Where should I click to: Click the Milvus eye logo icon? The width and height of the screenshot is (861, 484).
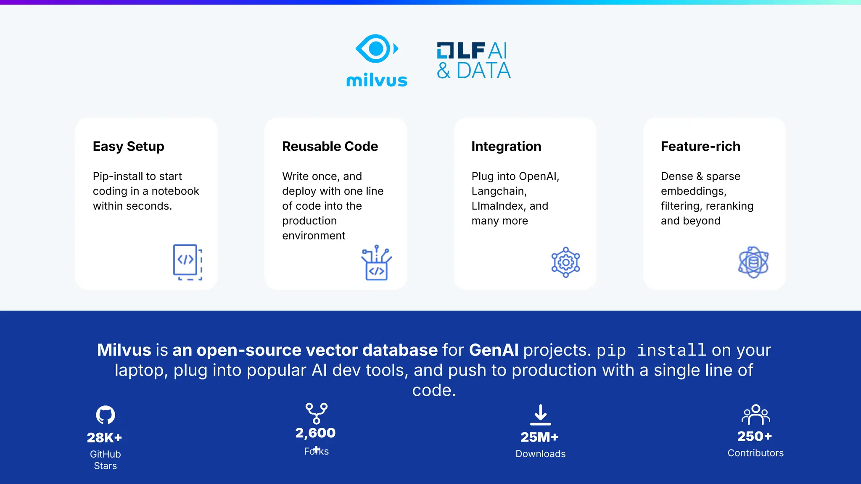(377, 49)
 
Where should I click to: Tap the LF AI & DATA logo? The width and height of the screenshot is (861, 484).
(474, 61)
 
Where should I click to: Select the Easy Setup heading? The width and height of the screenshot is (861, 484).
(128, 146)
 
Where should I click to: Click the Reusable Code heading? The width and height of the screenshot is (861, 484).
(330, 146)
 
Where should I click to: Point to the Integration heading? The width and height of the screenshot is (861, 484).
(506, 146)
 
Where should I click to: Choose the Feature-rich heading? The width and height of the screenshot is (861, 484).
(700, 146)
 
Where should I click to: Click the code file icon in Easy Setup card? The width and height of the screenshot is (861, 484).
(188, 262)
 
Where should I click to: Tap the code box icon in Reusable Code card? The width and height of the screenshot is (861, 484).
(376, 263)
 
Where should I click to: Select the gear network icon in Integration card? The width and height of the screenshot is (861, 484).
(565, 262)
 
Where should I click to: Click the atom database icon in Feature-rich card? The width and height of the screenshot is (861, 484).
(753, 262)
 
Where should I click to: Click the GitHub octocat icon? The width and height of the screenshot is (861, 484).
(105, 415)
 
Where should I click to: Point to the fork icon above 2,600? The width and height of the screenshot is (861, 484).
(317, 413)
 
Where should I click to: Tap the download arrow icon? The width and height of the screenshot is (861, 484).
(541, 415)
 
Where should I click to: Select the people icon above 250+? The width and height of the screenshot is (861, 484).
(755, 415)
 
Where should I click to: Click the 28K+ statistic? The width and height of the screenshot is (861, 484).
(104, 438)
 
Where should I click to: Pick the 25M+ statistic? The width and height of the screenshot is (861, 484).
(539, 437)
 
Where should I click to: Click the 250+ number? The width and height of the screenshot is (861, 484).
(755, 437)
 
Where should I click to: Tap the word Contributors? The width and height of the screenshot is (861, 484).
(755, 453)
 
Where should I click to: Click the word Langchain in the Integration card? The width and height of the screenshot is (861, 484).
(498, 191)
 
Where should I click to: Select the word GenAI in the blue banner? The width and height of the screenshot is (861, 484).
(494, 350)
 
